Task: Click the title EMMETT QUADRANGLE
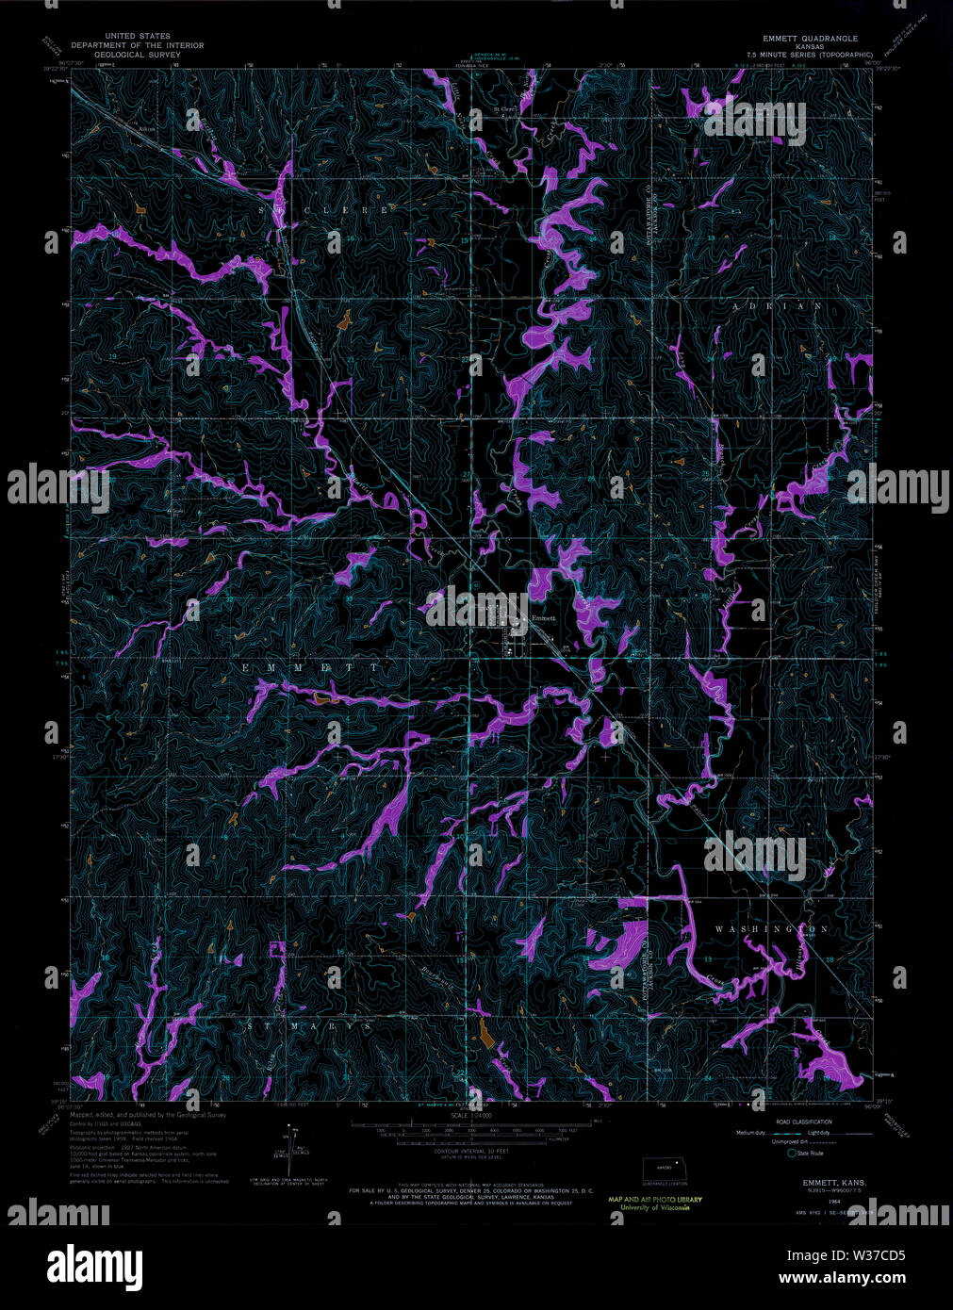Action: (x=810, y=38)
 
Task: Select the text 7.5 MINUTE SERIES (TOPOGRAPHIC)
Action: (x=810, y=55)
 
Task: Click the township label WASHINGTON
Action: (x=771, y=929)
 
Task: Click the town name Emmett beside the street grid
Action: (x=545, y=618)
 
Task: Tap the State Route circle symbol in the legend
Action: (x=792, y=1153)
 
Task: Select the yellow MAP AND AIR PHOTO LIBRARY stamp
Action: (x=655, y=1199)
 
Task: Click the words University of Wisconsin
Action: (x=655, y=1207)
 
